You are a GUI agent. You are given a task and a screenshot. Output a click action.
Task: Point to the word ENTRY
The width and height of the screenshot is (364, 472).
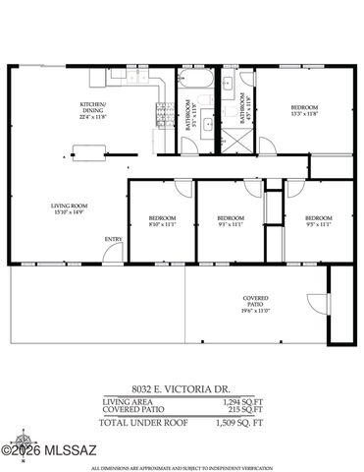click(113, 239)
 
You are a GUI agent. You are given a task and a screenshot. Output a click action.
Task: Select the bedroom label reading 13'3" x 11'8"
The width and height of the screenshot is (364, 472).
click(304, 110)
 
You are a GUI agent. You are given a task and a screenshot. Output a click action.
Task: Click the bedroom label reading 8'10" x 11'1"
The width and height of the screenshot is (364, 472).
click(161, 220)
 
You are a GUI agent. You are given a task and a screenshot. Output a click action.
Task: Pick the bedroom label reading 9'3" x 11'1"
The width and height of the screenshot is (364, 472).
click(230, 220)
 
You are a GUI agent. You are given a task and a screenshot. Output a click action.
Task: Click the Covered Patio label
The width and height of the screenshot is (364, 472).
click(256, 305)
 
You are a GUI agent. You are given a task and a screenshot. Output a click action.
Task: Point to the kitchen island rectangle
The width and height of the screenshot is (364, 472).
click(86, 152)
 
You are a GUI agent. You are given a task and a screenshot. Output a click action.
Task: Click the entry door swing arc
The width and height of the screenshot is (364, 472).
click(114, 253)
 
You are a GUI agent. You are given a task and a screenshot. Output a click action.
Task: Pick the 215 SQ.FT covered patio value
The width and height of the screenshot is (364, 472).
click(242, 411)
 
